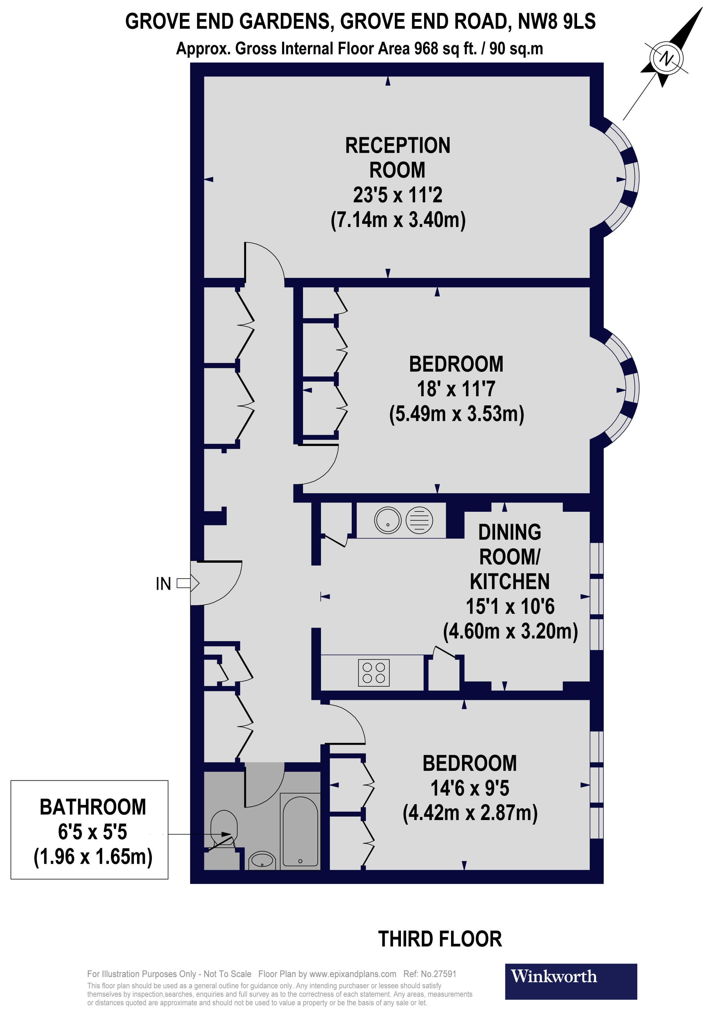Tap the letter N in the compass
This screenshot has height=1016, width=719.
coord(666,58)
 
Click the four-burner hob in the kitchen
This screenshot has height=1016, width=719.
coord(374,673)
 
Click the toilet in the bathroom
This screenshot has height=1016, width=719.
coord(224,827)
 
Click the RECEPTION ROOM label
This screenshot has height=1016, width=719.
coord(397,157)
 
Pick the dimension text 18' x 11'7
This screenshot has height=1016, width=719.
coord(456,389)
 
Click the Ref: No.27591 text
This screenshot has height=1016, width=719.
coord(429,974)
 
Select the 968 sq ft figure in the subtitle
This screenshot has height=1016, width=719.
coord(445,48)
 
